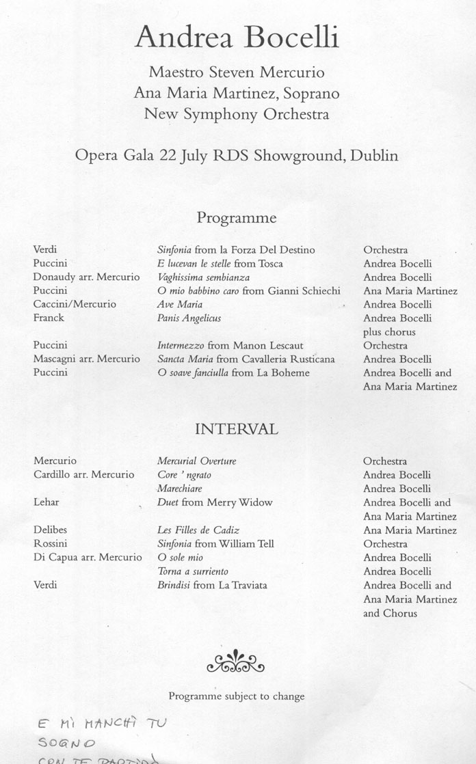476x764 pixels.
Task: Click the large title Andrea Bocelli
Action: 237,38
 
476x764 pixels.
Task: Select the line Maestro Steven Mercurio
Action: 237,72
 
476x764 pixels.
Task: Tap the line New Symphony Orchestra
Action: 237,114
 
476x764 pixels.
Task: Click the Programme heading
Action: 237,218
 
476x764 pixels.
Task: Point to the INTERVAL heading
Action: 237,429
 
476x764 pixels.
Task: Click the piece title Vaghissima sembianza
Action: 203,277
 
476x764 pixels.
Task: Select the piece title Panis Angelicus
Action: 189,318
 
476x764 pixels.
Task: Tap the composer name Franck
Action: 49,318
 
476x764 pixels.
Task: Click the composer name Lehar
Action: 47,502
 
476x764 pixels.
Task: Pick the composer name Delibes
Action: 50,530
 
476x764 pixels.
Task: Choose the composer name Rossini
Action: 50,544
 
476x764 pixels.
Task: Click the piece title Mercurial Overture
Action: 196,461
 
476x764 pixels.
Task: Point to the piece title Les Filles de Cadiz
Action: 198,530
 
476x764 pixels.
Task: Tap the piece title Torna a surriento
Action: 193,571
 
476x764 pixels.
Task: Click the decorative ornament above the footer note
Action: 235,661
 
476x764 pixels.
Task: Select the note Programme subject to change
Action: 237,696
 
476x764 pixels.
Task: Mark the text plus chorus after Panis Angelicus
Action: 389,332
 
